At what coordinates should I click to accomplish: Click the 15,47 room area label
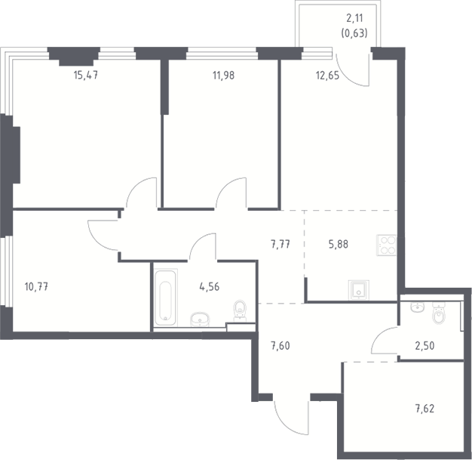(86, 75)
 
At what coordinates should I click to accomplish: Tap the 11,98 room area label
(223, 76)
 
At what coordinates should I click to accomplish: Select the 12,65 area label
(327, 76)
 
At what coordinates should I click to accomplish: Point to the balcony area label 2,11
(354, 18)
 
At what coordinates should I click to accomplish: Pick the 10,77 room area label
(36, 286)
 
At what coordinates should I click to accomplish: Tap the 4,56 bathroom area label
(210, 286)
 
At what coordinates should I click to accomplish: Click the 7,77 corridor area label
(280, 244)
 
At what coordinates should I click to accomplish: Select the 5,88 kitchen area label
(339, 244)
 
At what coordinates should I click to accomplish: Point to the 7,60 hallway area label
(280, 346)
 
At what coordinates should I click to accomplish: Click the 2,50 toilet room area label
(424, 346)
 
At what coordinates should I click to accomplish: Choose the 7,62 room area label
(424, 409)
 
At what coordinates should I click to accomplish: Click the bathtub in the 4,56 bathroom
(165, 298)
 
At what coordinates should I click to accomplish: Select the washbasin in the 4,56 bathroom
(200, 320)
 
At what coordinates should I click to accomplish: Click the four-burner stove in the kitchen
(387, 245)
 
